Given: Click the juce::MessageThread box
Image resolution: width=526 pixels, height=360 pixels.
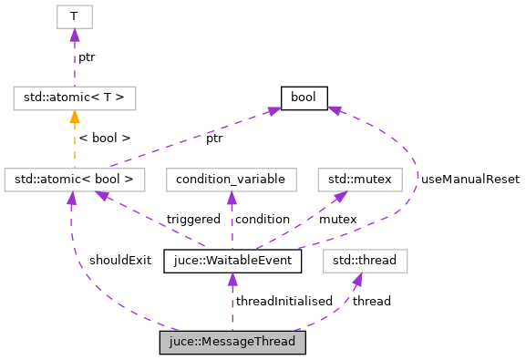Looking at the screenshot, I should [x=232, y=343].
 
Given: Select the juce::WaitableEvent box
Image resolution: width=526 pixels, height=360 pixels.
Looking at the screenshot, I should [x=232, y=262].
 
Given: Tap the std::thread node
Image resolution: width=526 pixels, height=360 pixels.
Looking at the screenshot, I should [x=365, y=262].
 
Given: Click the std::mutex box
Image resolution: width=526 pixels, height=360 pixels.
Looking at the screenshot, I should [x=359, y=180].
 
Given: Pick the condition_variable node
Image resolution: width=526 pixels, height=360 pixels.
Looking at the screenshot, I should [x=231, y=180].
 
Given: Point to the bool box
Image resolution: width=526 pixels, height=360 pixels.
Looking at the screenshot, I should [x=304, y=98].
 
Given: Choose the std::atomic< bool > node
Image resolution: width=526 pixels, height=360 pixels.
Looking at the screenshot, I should [x=75, y=180].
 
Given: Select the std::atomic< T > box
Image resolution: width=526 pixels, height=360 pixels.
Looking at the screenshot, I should [x=75, y=98].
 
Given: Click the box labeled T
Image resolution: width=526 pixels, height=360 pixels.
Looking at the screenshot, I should [x=74, y=15].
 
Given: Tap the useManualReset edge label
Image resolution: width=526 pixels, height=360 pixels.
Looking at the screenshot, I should [x=469, y=180].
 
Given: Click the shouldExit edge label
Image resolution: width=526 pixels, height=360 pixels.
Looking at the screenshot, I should [x=120, y=260].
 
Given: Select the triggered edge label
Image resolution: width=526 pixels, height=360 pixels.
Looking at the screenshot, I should [x=193, y=220].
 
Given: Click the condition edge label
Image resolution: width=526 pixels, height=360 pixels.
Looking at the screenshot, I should [x=262, y=220].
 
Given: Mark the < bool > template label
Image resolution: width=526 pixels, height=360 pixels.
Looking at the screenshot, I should [x=104, y=138].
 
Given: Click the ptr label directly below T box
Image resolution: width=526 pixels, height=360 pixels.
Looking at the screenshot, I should [x=87, y=57].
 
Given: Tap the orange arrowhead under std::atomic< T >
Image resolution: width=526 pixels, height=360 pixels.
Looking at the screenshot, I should [x=74, y=117].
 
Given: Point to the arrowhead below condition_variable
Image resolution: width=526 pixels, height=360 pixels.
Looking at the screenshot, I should [x=232, y=199].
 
